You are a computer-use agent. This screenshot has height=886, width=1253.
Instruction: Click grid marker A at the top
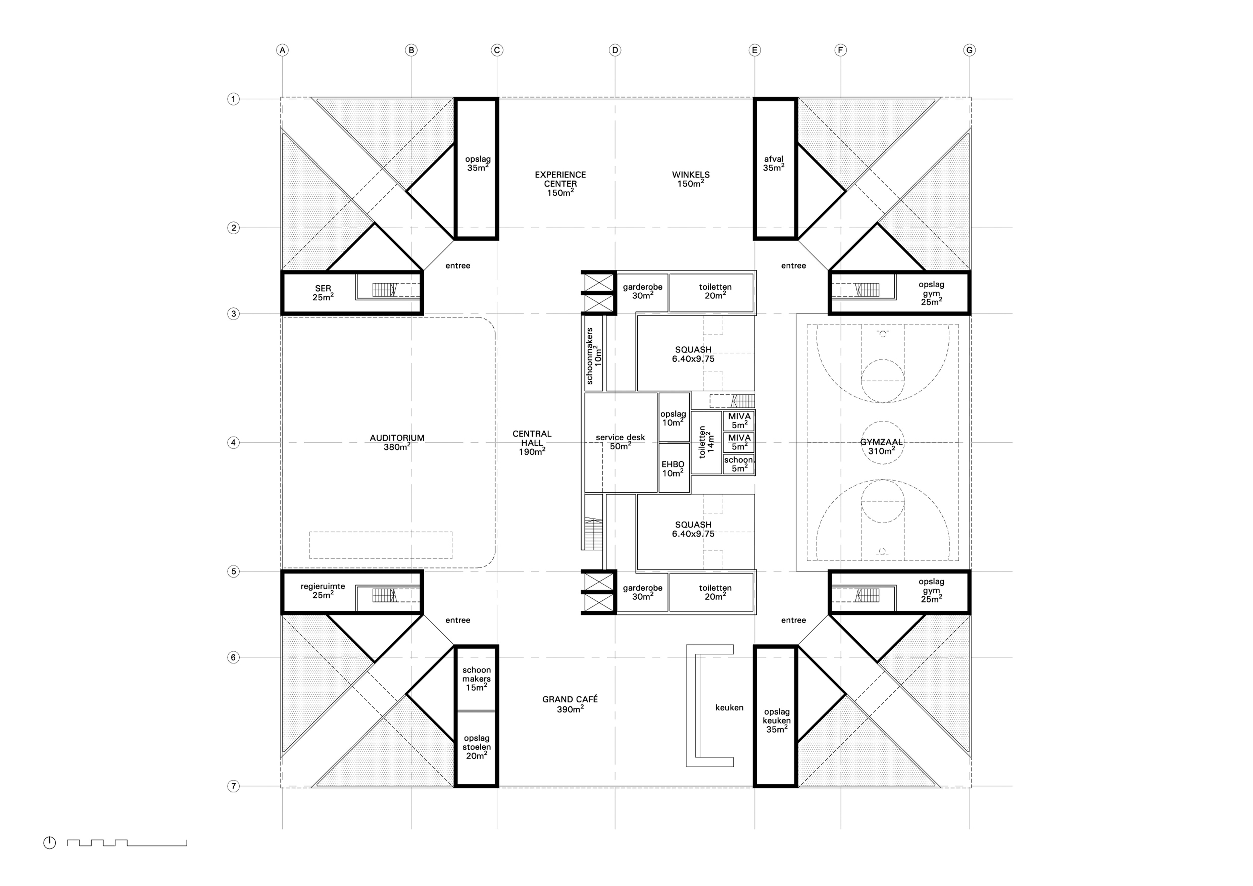click(x=282, y=50)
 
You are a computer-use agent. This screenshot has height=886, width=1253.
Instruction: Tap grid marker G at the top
click(x=969, y=50)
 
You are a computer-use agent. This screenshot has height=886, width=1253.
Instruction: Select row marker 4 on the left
click(x=233, y=443)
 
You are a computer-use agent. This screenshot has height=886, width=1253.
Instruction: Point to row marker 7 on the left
click(x=233, y=786)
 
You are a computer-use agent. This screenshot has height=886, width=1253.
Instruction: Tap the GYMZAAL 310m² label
click(x=881, y=447)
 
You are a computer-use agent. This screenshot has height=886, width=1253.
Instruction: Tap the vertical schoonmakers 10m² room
click(x=594, y=353)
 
